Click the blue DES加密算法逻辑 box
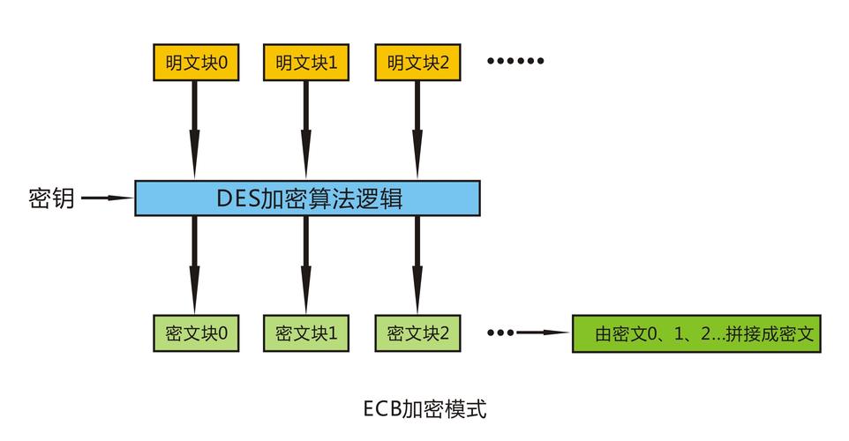click(x=307, y=198)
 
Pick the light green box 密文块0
click(x=195, y=333)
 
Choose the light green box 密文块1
click(x=306, y=333)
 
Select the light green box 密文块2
click(x=417, y=333)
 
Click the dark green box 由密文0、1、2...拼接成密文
click(x=696, y=333)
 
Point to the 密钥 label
click(x=50, y=198)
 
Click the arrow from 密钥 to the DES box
click(x=107, y=198)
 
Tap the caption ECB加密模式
click(x=424, y=408)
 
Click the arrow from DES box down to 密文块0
click(x=195, y=264)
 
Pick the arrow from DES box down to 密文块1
click(x=306, y=264)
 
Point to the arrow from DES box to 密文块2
click(x=417, y=264)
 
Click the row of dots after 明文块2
click(x=516, y=62)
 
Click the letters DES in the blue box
click(x=237, y=198)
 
